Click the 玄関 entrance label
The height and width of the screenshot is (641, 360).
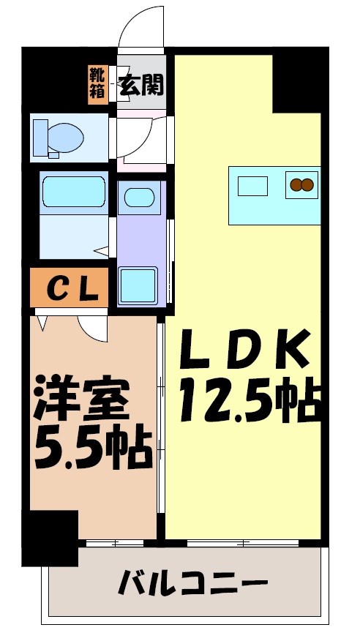[142, 83]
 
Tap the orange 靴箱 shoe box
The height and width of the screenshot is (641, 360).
[97, 83]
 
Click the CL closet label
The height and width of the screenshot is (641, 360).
[72, 289]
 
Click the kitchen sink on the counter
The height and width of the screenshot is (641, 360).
[252, 187]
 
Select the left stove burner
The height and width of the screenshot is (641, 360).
[297, 185]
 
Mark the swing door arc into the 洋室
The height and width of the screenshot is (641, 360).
[94, 327]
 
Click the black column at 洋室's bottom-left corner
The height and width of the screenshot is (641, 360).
[50, 538]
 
